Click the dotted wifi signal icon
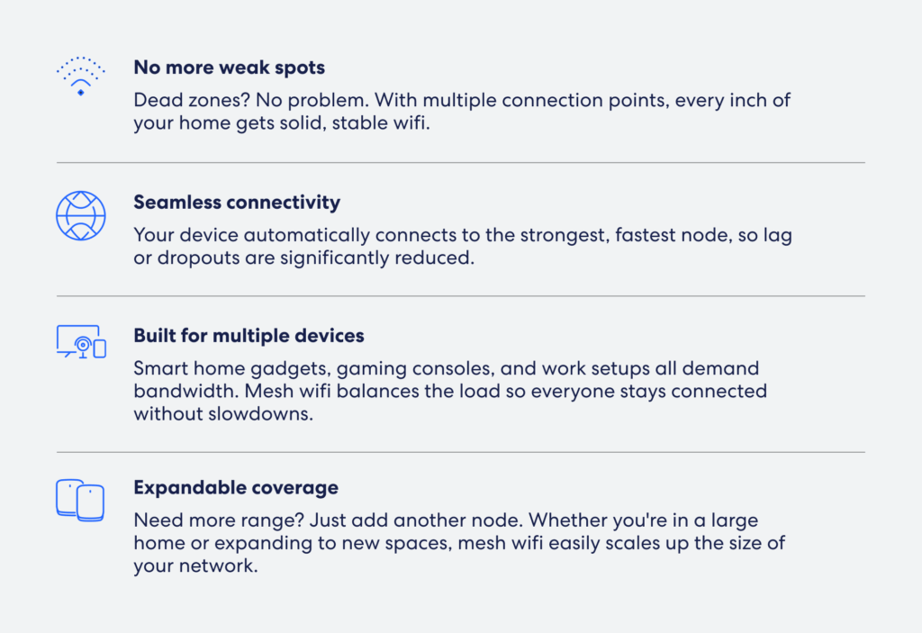[80, 76]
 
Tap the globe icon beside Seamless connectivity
[80, 215]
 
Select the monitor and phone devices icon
[81, 341]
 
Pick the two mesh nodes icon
[80, 500]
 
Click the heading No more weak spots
[230, 68]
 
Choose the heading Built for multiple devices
[249, 335]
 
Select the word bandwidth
[186, 391]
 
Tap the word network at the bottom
[218, 566]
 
